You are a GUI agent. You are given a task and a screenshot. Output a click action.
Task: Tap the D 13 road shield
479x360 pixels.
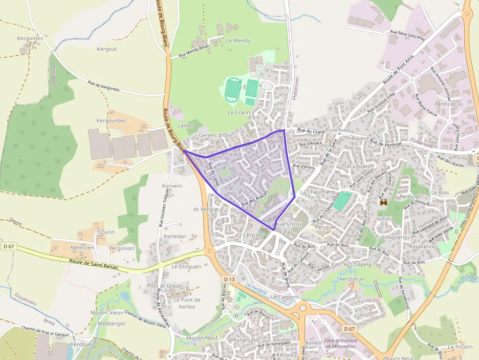pyautogui.click(x=230, y=279)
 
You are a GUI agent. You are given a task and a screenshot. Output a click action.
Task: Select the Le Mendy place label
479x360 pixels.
pyautogui.click(x=239, y=41)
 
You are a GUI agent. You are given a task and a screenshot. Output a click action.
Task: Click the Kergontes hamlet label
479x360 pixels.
pyautogui.click(x=30, y=38)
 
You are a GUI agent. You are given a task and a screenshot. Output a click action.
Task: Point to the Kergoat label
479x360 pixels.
pyautogui.click(x=107, y=49)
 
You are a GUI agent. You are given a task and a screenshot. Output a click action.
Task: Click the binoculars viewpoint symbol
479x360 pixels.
pyautogui.click(x=384, y=202)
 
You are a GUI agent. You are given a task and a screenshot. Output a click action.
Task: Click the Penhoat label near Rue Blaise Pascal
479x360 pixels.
pyautogui.click(x=445, y=104)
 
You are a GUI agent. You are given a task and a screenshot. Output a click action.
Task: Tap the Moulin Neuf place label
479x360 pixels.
pyautogui.click(x=201, y=338)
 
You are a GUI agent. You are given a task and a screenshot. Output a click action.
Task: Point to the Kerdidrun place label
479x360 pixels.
pyautogui.click(x=352, y=278)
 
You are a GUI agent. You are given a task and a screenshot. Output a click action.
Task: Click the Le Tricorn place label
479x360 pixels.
pyautogui.click(x=460, y=347)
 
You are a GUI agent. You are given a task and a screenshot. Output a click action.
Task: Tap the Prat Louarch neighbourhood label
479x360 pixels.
pyautogui.click(x=357, y=166)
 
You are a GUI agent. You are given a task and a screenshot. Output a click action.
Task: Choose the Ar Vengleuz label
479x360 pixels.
pyautogui.click(x=208, y=209)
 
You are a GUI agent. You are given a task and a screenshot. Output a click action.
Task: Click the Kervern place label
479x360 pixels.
pyautogui.click(x=172, y=186)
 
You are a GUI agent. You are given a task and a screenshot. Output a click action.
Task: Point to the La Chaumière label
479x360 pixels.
pyautogui.click(x=317, y=192)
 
